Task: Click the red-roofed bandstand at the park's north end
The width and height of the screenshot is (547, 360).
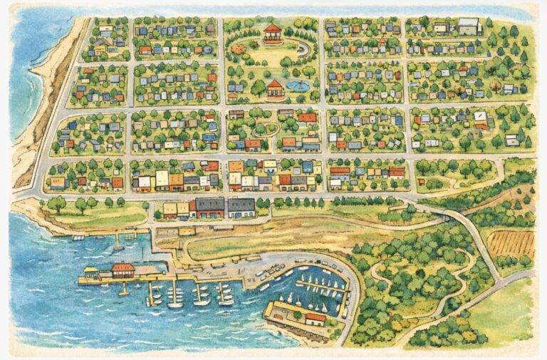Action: (x=273, y=32)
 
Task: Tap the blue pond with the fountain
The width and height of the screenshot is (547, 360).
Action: (x=298, y=86)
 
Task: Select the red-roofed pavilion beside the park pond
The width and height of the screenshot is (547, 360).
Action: (x=275, y=88)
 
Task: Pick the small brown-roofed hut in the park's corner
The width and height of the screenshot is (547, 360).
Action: (x=233, y=96)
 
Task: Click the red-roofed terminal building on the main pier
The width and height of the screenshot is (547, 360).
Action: (x=123, y=270)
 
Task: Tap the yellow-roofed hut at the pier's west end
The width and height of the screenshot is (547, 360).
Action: (x=90, y=271)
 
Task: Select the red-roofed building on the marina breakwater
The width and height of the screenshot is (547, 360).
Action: (x=314, y=318)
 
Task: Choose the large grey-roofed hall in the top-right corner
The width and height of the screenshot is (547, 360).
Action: (x=468, y=26)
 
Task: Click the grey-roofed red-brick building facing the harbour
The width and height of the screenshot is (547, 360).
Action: (x=209, y=207)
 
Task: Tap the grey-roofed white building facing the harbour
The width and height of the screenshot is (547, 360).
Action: (x=241, y=207)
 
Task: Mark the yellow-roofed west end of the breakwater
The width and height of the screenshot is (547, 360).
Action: (x=273, y=310)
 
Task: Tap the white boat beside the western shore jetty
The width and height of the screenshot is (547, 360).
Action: (x=78, y=237)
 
